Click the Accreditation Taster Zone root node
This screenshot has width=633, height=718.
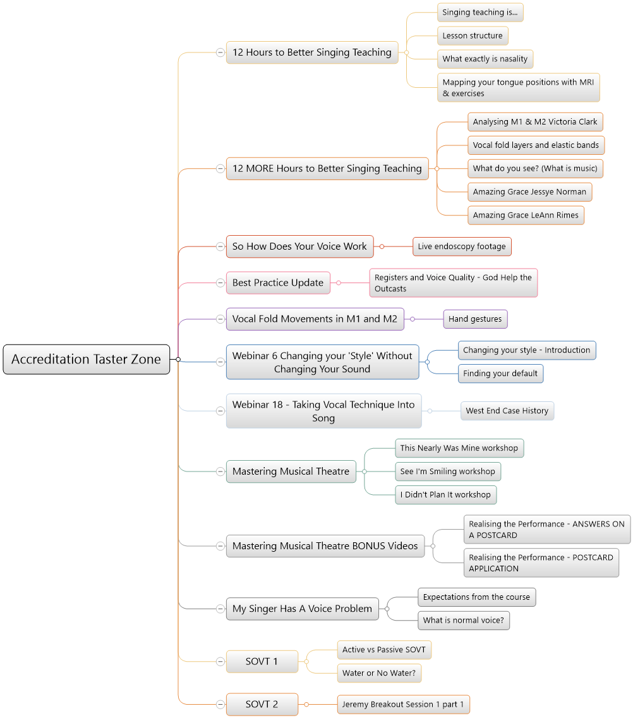87,360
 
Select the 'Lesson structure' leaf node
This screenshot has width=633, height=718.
473,36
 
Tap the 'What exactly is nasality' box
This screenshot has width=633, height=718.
485,59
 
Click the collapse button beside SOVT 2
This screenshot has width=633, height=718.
220,704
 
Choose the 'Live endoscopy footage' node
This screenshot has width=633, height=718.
462,246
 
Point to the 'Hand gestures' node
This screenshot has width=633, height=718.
475,319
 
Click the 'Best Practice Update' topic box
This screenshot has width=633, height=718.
278,283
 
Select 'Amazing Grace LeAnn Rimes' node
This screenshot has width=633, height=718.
526,216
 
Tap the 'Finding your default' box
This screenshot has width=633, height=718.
501,374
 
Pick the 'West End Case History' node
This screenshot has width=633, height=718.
507,411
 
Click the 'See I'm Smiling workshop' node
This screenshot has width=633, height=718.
448,472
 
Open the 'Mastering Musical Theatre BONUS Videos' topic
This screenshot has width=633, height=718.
325,546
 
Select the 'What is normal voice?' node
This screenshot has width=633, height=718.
464,621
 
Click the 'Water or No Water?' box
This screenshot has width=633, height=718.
379,673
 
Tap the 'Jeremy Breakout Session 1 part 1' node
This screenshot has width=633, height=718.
403,704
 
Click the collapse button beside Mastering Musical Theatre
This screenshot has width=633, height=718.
220,472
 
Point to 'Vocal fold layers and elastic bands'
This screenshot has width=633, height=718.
536,145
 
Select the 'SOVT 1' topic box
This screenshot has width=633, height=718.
262,661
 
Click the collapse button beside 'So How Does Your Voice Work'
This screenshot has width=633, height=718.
220,246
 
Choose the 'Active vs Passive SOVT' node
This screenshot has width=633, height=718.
384,650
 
